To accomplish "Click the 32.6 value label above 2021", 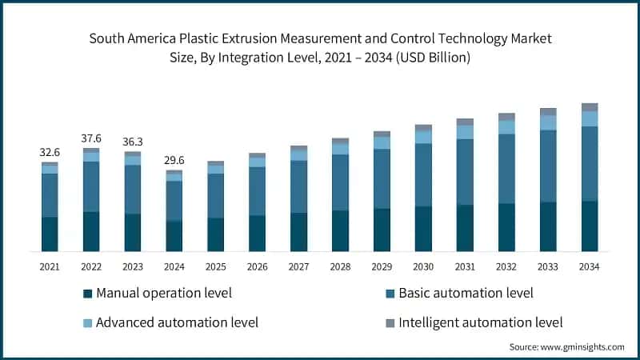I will tap(50, 151).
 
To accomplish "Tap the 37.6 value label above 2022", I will tap(91, 138).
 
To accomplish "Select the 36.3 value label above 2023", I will tap(133, 142).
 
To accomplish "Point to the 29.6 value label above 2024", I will tap(174, 160).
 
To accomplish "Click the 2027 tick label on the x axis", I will tap(298, 266).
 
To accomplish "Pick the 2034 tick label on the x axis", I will tap(590, 266).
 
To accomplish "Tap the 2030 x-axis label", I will tap(423, 266).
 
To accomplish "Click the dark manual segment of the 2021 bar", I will tap(50, 234).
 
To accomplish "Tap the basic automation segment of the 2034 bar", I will tap(590, 163).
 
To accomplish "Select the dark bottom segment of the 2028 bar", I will tap(340, 231).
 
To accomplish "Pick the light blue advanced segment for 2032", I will tap(506, 127).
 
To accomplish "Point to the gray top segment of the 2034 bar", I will tap(590, 107).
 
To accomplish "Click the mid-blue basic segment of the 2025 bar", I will tap(216, 195).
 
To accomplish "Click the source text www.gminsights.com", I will tap(582, 346).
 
